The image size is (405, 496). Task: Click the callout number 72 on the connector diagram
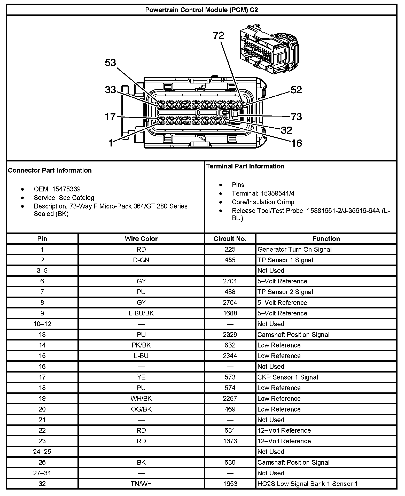click(219, 35)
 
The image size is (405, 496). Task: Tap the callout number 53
click(111, 63)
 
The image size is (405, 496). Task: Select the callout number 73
click(296, 117)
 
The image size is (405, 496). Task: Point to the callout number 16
click(297, 143)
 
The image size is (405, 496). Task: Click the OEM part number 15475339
click(66, 189)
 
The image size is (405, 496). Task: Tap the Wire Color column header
click(141, 239)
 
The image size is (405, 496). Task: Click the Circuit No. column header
click(230, 239)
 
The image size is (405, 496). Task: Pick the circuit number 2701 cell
click(230, 281)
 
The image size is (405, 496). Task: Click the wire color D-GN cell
click(141, 260)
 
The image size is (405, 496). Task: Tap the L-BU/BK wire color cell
click(141, 313)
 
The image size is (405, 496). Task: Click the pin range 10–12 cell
click(42, 324)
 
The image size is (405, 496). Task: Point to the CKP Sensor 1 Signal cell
click(287, 377)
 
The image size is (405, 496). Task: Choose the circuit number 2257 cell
click(230, 399)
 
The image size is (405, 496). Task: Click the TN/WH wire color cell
click(141, 484)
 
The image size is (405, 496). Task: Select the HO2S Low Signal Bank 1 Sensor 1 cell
click(307, 484)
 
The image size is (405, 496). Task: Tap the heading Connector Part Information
click(50, 171)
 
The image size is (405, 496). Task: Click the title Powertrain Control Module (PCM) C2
click(201, 10)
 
